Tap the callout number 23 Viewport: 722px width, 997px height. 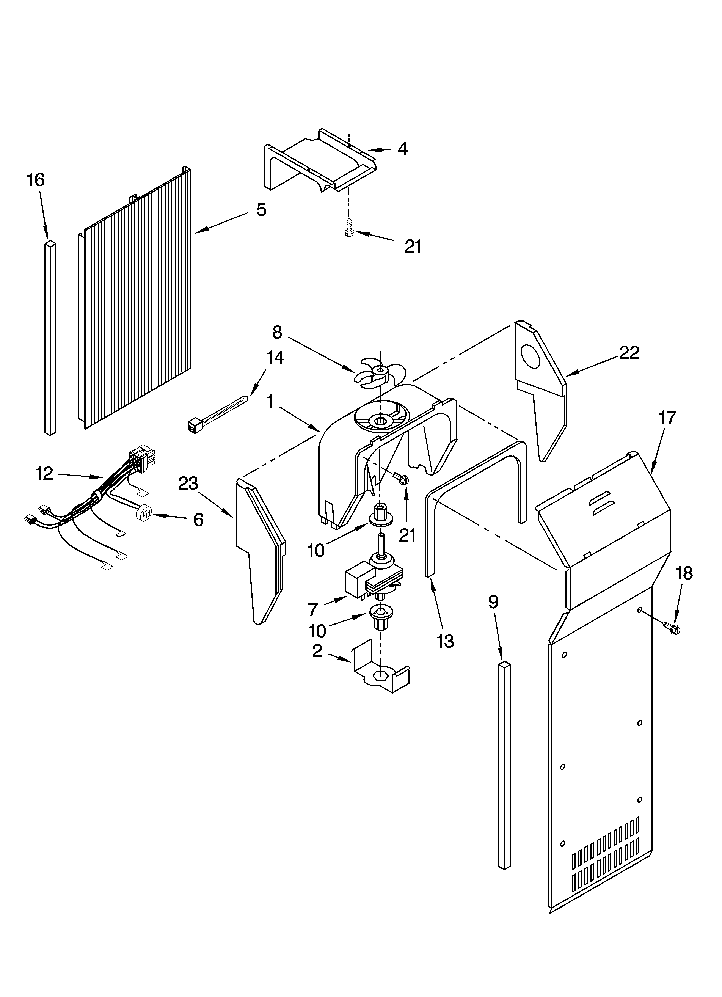click(x=188, y=484)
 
